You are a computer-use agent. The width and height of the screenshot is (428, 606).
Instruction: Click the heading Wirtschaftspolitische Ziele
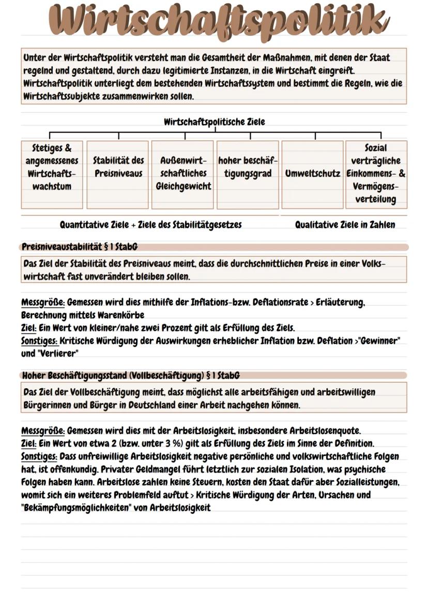tap(214, 122)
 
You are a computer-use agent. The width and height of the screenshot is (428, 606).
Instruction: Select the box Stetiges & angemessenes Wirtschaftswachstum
tap(52, 167)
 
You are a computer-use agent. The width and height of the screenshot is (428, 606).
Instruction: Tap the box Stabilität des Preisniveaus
tap(118, 167)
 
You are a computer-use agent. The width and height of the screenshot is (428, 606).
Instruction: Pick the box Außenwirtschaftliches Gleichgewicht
tap(184, 173)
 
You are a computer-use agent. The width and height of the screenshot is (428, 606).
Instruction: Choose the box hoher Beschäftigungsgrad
tap(248, 167)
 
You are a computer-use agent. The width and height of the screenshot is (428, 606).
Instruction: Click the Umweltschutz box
tap(312, 173)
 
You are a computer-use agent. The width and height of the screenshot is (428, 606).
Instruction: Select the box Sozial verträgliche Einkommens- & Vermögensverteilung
tap(376, 173)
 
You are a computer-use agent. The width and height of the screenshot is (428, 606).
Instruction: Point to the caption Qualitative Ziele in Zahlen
tap(345, 225)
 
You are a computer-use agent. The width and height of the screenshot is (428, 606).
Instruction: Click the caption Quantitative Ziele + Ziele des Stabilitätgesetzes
tap(151, 225)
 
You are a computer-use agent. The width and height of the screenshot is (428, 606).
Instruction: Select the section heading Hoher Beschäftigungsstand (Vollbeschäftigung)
tap(131, 375)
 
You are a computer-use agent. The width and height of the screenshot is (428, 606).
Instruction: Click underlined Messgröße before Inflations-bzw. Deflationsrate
tap(43, 302)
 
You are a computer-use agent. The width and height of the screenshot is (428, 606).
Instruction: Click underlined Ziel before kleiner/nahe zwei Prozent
tap(29, 328)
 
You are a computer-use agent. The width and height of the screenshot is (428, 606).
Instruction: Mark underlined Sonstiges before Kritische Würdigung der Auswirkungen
tap(39, 341)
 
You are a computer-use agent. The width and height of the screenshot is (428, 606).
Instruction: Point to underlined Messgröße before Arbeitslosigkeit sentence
tap(43, 431)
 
